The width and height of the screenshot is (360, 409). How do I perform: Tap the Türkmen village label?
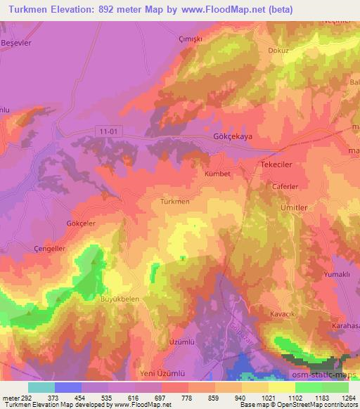(x=175, y=202)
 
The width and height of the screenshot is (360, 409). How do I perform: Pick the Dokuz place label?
(x=279, y=51)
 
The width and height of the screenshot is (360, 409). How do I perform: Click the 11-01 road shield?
(x=107, y=130)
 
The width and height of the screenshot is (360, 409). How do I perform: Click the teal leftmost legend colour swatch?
(x=41, y=387)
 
